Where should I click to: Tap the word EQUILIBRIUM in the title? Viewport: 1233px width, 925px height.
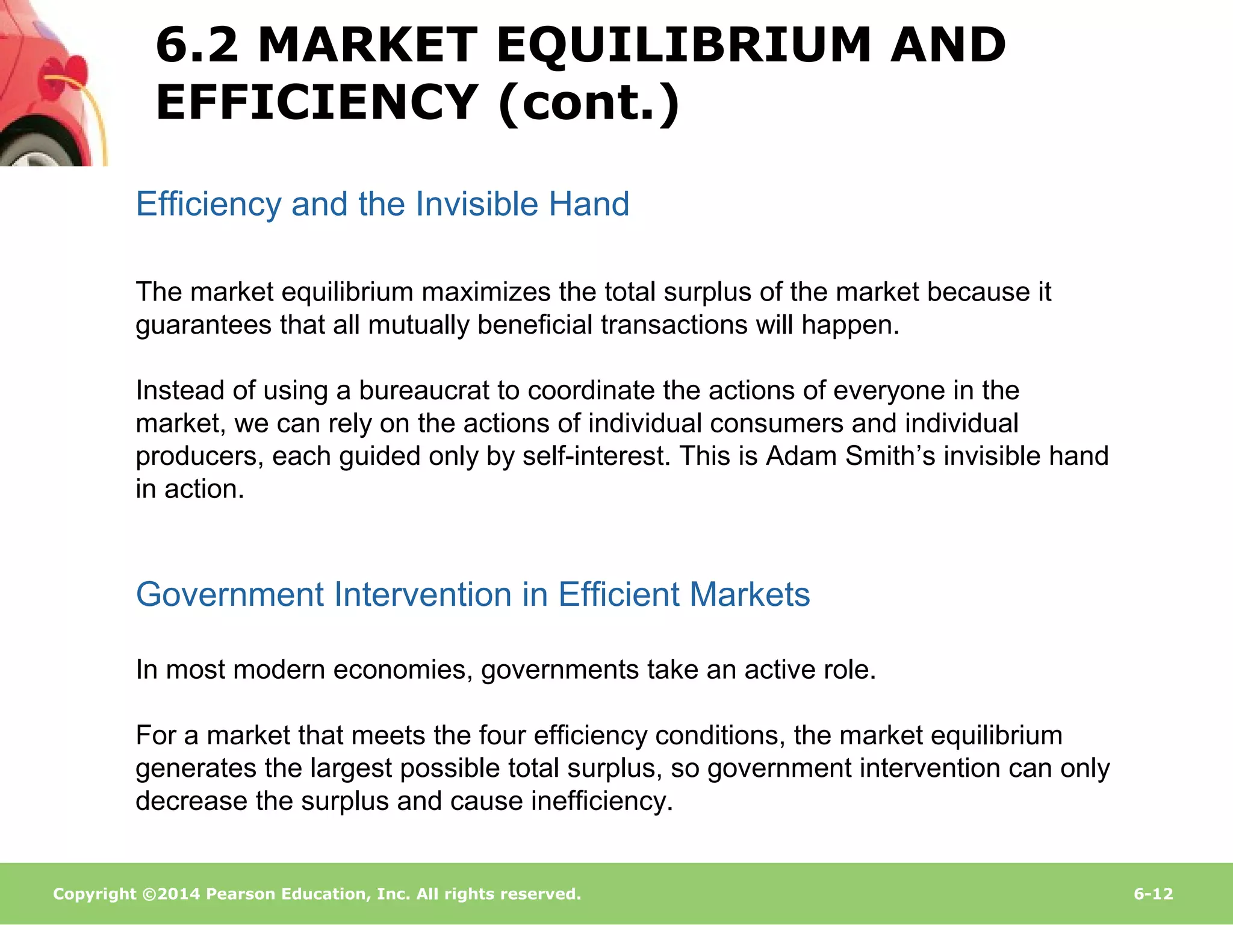(683, 45)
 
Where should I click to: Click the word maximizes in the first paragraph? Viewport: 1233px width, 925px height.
(486, 292)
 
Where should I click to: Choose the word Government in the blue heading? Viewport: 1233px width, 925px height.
(230, 594)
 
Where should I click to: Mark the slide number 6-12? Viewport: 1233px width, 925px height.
(1153, 894)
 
